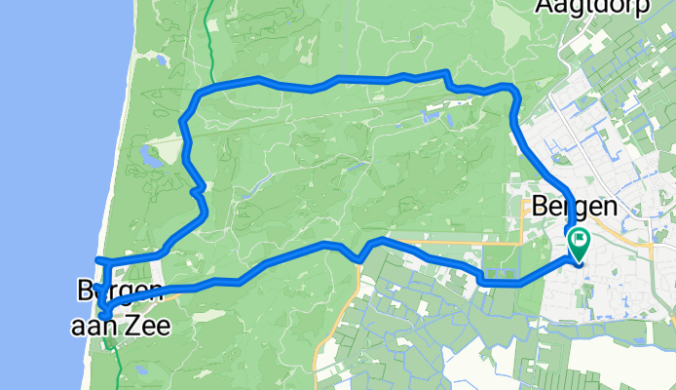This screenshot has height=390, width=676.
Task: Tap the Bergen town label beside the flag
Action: (x=575, y=207)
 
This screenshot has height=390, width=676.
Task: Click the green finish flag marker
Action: (x=579, y=240)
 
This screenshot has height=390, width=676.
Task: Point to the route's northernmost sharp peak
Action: (x=446, y=71)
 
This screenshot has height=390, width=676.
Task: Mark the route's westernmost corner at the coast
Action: (x=96, y=259)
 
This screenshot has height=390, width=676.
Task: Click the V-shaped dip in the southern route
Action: (x=359, y=257)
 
